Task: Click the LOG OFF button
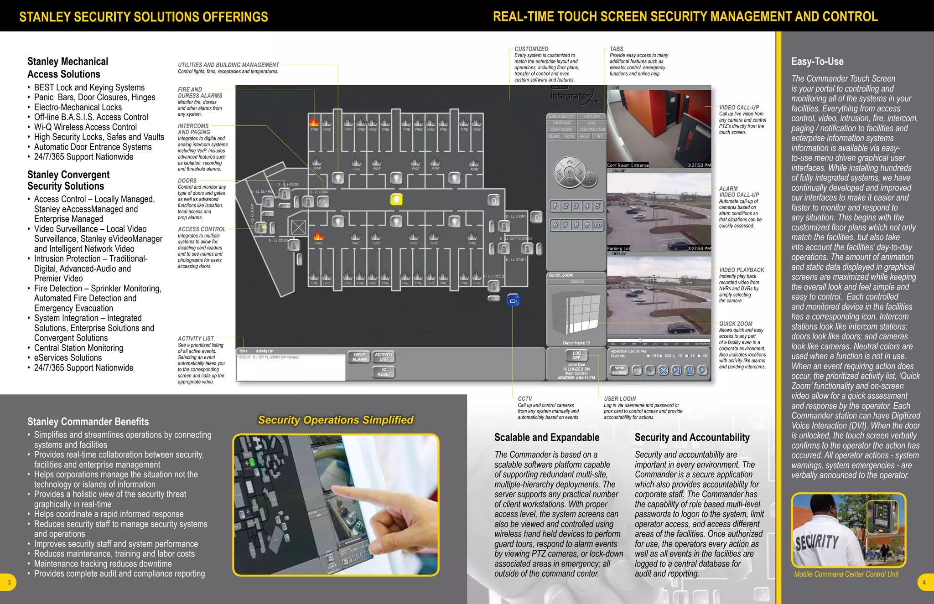tap(576, 356)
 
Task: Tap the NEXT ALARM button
tap(359, 357)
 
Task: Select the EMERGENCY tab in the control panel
tap(561, 116)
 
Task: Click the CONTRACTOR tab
tap(592, 129)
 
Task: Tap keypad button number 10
tap(597, 225)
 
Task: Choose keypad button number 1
tap(555, 206)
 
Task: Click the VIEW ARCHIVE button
tap(619, 370)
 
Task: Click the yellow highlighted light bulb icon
tap(396, 199)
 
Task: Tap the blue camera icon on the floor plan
tap(514, 301)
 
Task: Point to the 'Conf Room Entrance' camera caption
tap(628, 165)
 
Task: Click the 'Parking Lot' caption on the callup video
tap(618, 248)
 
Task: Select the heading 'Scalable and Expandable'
tap(546, 437)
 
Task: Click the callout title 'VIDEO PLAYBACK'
tap(741, 270)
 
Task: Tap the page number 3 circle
tap(9, 582)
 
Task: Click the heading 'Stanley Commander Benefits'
tap(88, 422)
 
